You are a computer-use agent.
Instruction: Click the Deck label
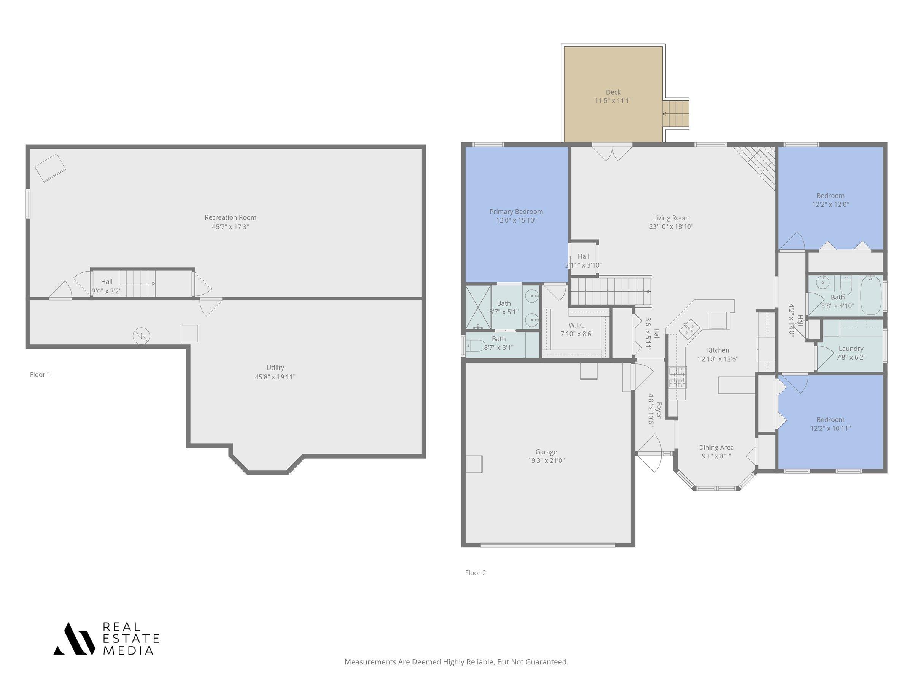[613, 92]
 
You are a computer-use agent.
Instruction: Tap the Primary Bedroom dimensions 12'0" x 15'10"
[516, 220]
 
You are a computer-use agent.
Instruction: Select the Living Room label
[671, 218]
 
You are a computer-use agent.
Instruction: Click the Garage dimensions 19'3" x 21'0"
[546, 460]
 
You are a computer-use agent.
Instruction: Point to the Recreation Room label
[230, 217]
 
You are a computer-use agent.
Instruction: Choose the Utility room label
[275, 368]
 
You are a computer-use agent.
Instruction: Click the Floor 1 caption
[40, 374]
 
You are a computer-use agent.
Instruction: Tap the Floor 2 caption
[476, 573]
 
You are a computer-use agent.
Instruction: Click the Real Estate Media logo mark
[74, 638]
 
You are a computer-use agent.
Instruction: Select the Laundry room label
[851, 349]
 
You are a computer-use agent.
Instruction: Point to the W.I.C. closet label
[577, 325]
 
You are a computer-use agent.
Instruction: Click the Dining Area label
[716, 447]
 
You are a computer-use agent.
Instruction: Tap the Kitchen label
[718, 350]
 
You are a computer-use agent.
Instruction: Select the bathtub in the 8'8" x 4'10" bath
[871, 296]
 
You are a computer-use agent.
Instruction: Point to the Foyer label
[659, 409]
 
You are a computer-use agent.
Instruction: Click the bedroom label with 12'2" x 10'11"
[830, 419]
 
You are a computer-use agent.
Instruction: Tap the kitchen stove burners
[677, 378]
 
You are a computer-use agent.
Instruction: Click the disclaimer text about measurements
[456, 662]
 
